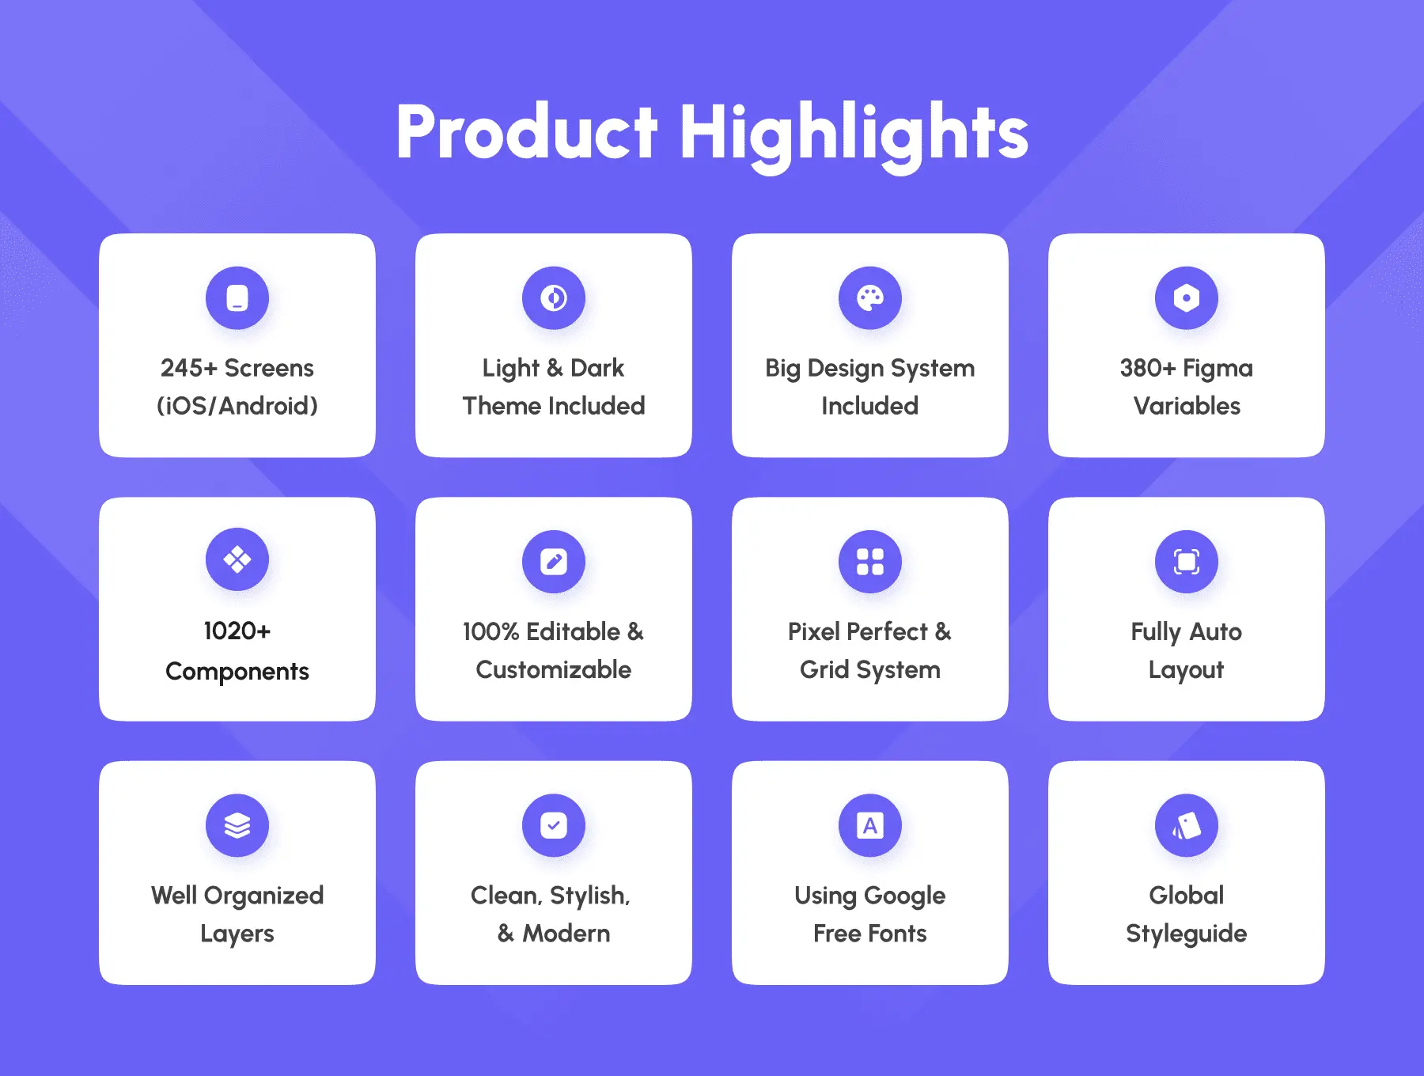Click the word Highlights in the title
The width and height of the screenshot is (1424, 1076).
coord(854,135)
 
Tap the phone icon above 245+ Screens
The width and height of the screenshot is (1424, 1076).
coord(237,298)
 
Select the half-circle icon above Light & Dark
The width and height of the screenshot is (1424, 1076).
coord(554,298)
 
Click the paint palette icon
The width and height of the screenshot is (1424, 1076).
coord(870,298)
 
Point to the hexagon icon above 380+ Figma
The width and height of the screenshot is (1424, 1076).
coord(1187,298)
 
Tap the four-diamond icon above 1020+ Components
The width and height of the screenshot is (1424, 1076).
coord(237,559)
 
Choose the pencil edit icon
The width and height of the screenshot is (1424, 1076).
coord(554,562)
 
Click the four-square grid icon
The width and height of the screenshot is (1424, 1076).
coord(870,562)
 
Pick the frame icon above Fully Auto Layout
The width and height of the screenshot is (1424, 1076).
coord(1187,562)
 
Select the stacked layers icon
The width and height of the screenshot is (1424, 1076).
coord(237,825)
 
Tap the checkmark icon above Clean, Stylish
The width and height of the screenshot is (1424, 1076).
coord(554,825)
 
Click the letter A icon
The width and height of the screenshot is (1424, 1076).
coord(870,825)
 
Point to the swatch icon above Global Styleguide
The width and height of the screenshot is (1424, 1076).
coord(1187,825)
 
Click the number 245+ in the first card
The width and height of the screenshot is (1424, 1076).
coord(189,368)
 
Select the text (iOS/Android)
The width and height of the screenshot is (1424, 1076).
coord(237,406)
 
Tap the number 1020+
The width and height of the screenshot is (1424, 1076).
coord(237,631)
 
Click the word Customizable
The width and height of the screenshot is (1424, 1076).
coord(554,669)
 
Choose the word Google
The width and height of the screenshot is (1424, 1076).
coord(905,896)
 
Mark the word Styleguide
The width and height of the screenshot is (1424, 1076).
coord(1187,934)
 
